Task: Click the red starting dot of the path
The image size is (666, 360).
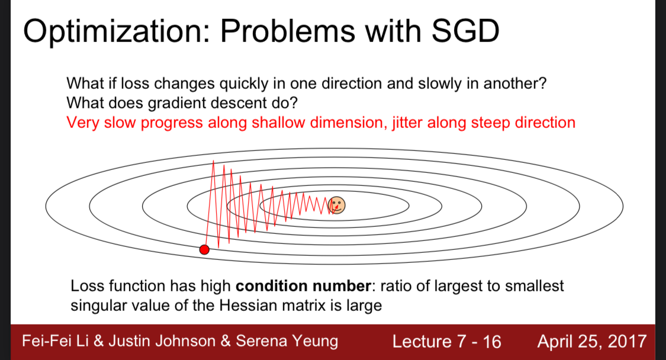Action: (x=204, y=249)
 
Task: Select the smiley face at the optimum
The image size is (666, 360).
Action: (x=336, y=205)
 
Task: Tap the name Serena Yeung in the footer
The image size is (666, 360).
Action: (x=287, y=341)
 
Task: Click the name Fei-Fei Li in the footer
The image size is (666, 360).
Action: (x=55, y=341)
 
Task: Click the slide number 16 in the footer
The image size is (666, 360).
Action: (x=492, y=342)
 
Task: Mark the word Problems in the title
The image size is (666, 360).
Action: (x=287, y=31)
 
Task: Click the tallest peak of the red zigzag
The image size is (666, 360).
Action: (x=213, y=160)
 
